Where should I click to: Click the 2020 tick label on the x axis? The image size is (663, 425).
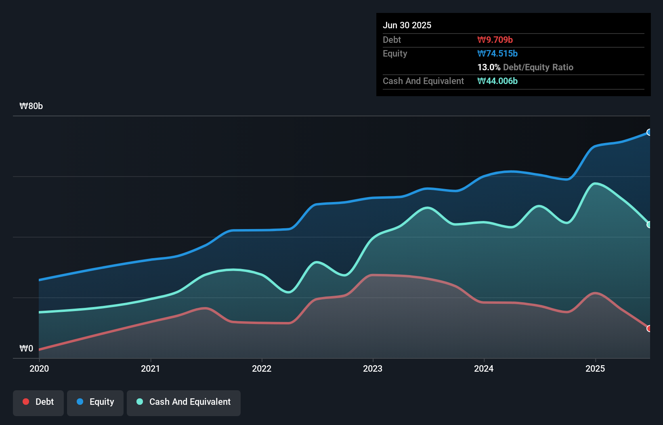coord(39,368)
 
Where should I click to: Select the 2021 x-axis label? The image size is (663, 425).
coord(150,368)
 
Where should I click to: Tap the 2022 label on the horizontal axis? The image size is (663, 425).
coord(262,368)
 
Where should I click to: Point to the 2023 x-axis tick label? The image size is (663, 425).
coord(373,368)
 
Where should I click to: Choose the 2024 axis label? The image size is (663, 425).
coord(484,368)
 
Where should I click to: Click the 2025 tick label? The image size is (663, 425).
coord(595,368)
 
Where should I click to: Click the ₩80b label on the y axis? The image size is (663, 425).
coord(31,106)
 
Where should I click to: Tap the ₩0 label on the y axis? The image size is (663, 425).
coord(26,348)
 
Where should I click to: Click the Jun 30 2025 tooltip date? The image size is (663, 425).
coord(407,25)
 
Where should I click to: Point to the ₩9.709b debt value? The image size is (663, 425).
coord(495,40)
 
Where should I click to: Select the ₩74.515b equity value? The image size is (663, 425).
coord(497,53)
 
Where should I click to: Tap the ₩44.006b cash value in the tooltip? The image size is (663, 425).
coord(497,81)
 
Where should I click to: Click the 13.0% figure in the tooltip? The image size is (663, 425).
coord(489,67)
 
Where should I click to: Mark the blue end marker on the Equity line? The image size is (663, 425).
coord(649,132)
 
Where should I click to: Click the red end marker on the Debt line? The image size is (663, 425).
coord(649,328)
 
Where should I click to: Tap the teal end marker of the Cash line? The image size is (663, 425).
coord(649,225)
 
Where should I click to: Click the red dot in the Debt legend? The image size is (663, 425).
coord(26,402)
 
